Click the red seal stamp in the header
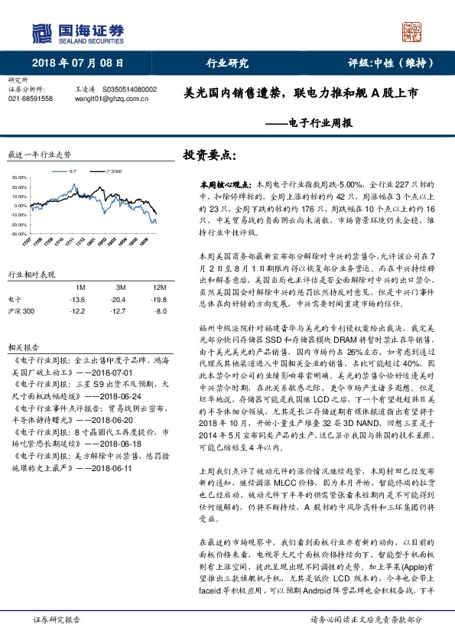pos(412,32)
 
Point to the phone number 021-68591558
pos(31,99)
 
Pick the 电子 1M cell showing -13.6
pos(76,299)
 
